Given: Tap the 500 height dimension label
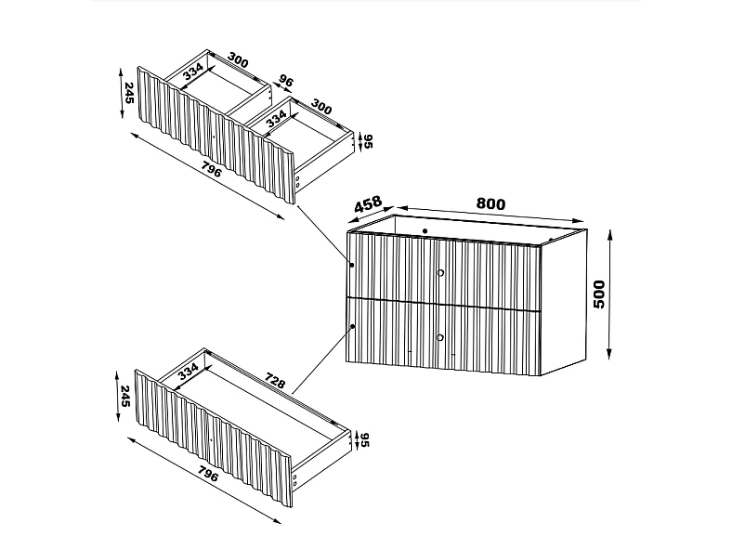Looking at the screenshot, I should coord(598,294).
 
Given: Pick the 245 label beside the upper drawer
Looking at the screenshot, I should coord(127,93).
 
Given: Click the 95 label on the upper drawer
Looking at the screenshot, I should coord(367,142).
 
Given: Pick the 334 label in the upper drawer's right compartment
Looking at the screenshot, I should coord(275,118).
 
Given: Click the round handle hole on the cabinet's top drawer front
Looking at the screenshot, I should coord(440,272).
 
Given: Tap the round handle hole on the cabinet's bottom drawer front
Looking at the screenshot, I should coord(440,336).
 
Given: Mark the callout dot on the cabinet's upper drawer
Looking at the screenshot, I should coord(353,266).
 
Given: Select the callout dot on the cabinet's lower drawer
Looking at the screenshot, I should coord(355,326).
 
